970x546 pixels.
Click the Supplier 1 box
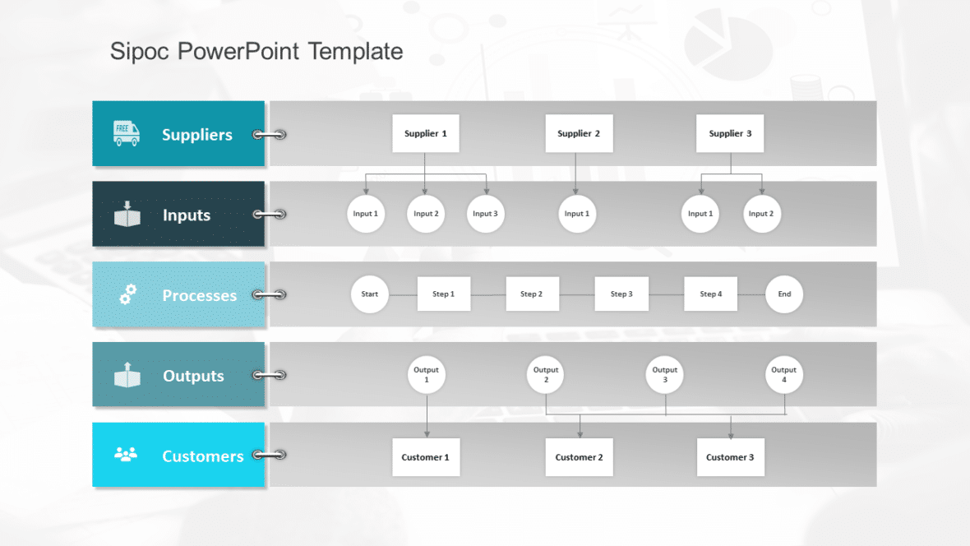[425, 133]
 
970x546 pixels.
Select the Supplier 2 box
[579, 133]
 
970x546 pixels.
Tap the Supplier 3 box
[730, 133]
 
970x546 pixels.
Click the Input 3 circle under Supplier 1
[485, 214]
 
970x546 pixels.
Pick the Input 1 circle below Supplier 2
[576, 214]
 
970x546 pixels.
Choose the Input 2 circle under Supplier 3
[761, 214]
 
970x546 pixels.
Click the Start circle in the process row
[370, 294]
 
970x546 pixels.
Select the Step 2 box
[532, 294]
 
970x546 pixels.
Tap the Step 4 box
[711, 294]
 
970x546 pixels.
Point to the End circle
[784, 294]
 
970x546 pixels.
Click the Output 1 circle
[427, 375]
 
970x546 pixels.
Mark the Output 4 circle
[784, 375]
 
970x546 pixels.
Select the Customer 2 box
[579, 457]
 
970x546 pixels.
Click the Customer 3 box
[730, 457]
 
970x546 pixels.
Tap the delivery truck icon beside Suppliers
[127, 133]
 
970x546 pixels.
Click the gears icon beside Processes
[127, 294]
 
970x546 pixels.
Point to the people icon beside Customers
[126, 455]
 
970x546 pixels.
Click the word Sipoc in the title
[141, 52]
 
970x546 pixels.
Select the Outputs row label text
[193, 376]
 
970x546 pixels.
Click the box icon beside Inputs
[127, 214]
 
